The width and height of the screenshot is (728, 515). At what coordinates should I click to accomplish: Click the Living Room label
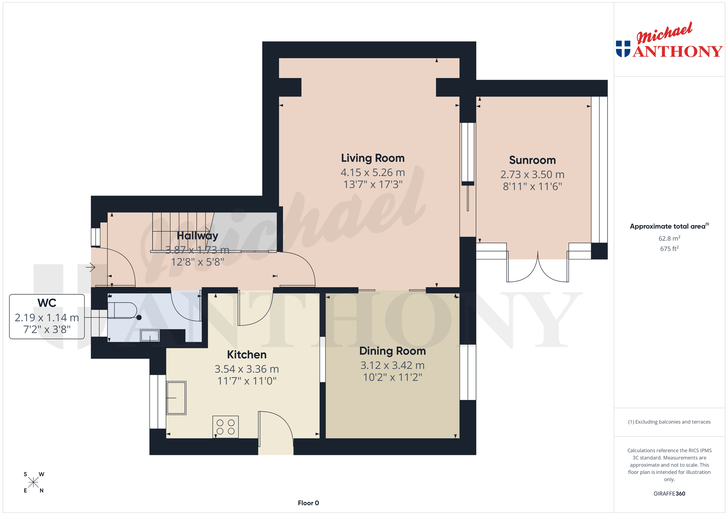point(373,158)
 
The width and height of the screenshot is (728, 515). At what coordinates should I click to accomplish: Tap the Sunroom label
point(532,160)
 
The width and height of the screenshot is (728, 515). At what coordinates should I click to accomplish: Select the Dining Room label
point(393,351)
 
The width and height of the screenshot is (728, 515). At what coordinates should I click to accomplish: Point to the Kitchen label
point(247,355)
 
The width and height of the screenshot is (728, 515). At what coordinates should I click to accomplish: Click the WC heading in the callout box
point(47,303)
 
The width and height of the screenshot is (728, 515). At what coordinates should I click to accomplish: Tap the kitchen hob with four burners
point(225,427)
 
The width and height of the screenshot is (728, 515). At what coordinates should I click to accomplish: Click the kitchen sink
point(176,398)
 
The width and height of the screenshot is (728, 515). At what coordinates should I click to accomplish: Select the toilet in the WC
point(122,311)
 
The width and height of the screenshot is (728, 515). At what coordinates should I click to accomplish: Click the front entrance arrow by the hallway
point(90,267)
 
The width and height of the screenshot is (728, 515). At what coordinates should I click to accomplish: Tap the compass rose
point(33,482)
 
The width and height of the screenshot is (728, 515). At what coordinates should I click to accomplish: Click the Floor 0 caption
point(308,503)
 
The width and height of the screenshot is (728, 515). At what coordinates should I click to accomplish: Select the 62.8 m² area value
point(669,238)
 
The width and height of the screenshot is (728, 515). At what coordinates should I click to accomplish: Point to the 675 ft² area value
point(669,248)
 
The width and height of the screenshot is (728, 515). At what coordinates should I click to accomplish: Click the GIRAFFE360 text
point(669,493)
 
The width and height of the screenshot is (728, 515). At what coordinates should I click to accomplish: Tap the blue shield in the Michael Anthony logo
point(623,49)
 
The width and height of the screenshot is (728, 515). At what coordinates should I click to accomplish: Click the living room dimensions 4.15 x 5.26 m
point(373,173)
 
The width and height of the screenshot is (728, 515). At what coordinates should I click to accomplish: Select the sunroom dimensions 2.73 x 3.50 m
point(532,175)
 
